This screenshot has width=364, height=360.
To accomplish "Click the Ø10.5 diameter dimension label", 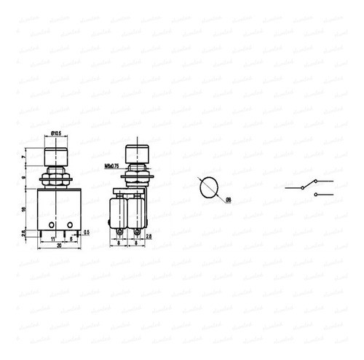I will tap(55, 133).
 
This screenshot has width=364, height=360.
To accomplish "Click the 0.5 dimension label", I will tap(87, 232).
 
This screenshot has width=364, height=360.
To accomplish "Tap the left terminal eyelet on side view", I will tap(119, 232).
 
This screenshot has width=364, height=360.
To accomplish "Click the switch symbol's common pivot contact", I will tap(300, 187).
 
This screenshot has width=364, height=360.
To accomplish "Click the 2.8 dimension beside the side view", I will tap(149, 237).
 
